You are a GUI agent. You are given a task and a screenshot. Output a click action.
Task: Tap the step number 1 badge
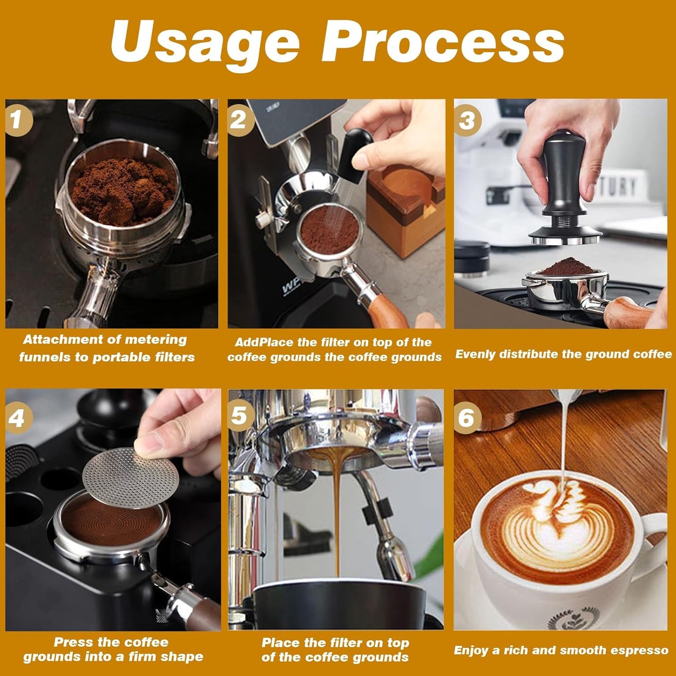[x=17, y=120]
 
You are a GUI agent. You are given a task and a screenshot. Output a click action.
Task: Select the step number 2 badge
[x=239, y=120]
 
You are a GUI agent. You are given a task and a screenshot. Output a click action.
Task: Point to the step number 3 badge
[x=467, y=120]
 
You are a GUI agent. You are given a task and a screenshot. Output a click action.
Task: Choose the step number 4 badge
[x=17, y=417]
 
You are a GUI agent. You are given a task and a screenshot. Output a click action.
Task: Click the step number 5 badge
[x=240, y=415]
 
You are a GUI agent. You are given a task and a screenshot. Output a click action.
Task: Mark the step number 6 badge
[x=466, y=417]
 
